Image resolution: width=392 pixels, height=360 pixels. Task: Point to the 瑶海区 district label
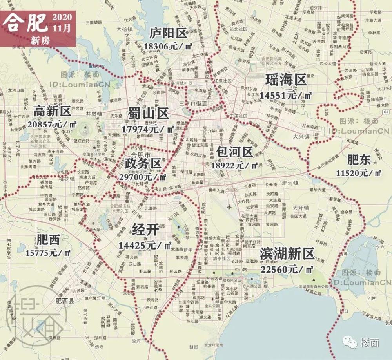(x=285, y=80)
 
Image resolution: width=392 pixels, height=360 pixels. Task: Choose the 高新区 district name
(x=52, y=111)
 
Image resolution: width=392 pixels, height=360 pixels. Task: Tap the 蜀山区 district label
(x=148, y=114)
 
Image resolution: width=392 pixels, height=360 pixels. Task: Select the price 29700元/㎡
(x=142, y=177)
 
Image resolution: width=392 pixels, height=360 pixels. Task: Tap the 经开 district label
(x=145, y=230)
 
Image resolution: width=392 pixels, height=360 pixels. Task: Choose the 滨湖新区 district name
(x=287, y=255)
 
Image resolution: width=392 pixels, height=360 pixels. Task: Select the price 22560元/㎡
(x=287, y=269)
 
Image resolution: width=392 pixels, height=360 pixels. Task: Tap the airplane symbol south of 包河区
(x=229, y=206)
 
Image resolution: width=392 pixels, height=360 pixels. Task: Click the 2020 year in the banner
(x=62, y=18)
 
